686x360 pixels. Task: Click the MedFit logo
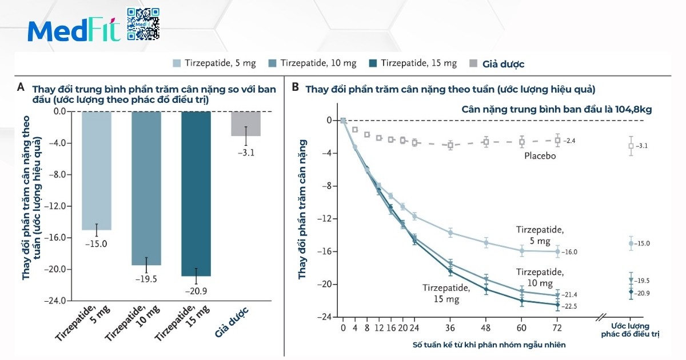[74, 31]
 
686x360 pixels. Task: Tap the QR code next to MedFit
[142, 24]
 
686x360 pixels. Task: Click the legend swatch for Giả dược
[473, 63]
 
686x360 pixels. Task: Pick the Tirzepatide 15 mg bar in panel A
[196, 194]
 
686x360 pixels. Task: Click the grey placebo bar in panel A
[246, 123]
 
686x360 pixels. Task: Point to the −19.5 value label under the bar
[146, 279]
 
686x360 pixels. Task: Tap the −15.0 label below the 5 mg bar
[97, 244]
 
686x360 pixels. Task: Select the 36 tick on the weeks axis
[450, 328]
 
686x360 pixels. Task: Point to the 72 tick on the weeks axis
[557, 328]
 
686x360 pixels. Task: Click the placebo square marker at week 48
[486, 142]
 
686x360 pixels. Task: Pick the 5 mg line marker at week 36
[450, 233]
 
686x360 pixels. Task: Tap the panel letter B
[295, 87]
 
